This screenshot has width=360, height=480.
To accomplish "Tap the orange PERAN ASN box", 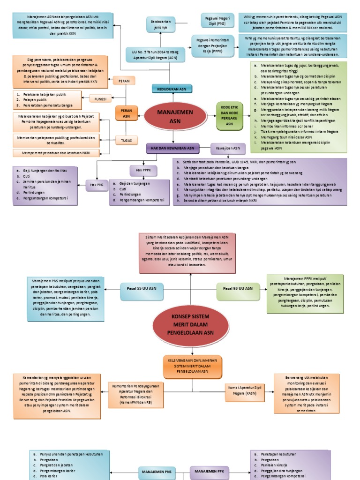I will (126, 113).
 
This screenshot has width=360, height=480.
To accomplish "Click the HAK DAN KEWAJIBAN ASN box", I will (172, 148).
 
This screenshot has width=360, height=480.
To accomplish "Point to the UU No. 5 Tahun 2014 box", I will (154, 55).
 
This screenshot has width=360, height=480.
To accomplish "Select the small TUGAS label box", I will (126, 140).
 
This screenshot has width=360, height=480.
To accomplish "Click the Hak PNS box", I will (97, 185).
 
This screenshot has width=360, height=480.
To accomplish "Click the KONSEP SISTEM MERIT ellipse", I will (191, 324).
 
